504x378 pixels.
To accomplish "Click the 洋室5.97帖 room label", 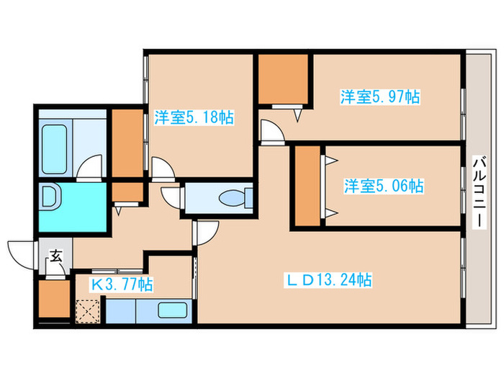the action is pos(380,96).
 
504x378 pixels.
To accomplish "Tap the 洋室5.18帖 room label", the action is pos(194,117).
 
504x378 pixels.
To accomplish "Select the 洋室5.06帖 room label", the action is pos(384,186).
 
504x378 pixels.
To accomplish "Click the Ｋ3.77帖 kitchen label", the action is pos(122,284).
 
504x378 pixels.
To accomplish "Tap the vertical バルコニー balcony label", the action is pos(480,192).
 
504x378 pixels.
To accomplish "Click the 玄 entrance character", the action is pos(56,256).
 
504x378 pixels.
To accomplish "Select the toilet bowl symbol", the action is pos(235,197).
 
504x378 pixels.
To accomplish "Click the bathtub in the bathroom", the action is pos(55,149).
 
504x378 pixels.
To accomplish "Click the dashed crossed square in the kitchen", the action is pos(88,311).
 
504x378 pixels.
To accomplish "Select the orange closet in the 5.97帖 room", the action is pos(283,79).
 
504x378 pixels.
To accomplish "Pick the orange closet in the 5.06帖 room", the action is pos(307,186).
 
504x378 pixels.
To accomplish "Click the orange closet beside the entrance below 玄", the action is pos(54,299).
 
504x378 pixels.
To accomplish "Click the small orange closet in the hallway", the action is pos(127,192).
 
